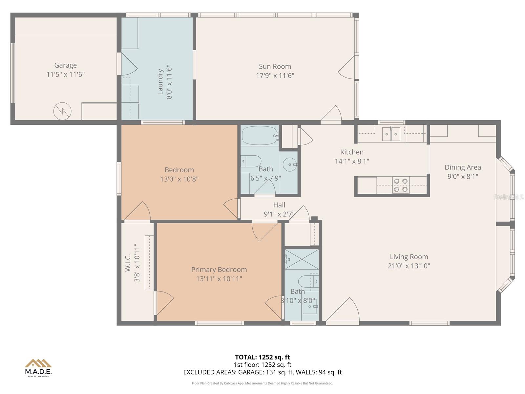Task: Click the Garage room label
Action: click(x=65, y=65)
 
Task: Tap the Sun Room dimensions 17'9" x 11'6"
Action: click(x=275, y=76)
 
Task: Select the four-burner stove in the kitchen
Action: click(x=401, y=185)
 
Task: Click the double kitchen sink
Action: click(x=391, y=134)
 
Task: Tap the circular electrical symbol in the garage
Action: click(x=62, y=111)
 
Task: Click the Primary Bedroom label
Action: click(x=219, y=270)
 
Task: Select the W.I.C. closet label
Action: click(x=128, y=263)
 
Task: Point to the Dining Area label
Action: click(x=463, y=167)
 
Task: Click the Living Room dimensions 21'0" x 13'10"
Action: click(x=409, y=266)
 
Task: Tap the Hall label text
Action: click(x=279, y=205)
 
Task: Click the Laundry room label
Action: click(x=160, y=82)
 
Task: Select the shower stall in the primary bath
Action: click(x=302, y=259)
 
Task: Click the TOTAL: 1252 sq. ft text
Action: click(x=262, y=357)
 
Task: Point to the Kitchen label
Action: click(x=352, y=152)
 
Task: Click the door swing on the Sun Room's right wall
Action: click(x=347, y=69)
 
